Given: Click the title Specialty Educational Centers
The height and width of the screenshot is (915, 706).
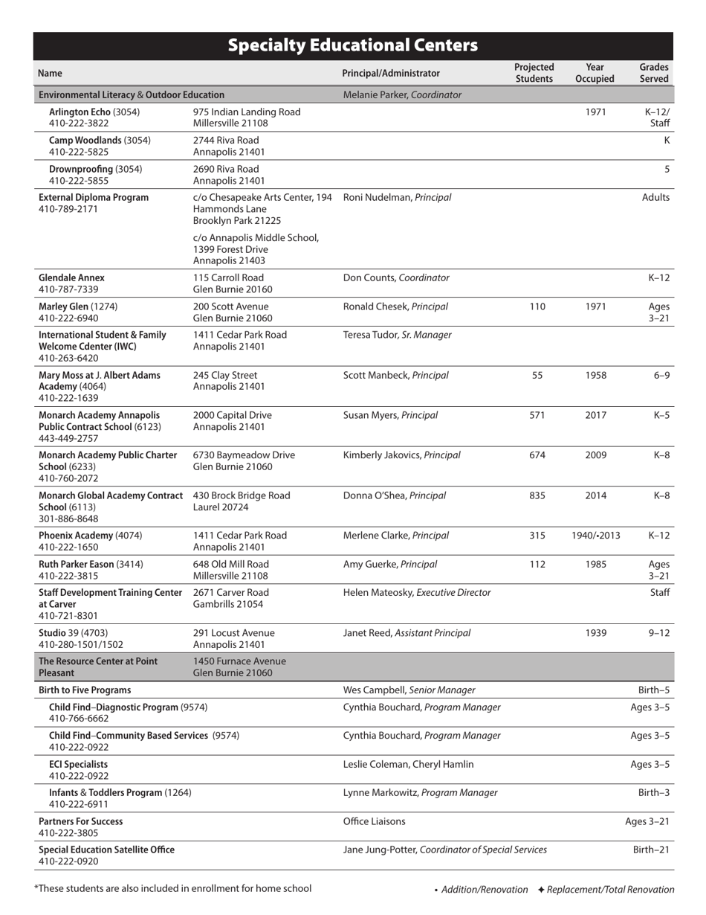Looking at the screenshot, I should click(x=352, y=45).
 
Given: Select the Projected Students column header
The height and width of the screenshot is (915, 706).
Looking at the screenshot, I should click(x=534, y=73).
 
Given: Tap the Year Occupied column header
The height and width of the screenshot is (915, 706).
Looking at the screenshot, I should click(x=595, y=73).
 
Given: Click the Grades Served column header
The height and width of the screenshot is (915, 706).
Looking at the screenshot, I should click(x=654, y=73).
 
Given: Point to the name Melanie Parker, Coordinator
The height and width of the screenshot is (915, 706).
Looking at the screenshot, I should click(x=402, y=94).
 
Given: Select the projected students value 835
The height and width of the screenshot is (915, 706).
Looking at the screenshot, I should click(x=537, y=495).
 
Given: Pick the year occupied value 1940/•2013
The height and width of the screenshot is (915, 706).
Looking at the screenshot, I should click(x=595, y=536).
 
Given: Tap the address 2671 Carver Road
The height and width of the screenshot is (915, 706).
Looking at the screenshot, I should click(x=230, y=592).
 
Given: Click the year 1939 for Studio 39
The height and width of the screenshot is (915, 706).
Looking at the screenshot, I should click(x=595, y=633).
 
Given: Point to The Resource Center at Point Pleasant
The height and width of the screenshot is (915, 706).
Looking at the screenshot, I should click(x=97, y=667).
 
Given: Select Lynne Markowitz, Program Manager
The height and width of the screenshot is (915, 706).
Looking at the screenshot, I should click(x=420, y=792).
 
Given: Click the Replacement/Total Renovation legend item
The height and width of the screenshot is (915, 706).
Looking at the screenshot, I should click(x=606, y=889).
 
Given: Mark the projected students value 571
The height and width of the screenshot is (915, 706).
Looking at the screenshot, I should click(x=537, y=415).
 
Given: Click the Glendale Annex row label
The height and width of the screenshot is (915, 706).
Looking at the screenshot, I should click(x=71, y=277).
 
